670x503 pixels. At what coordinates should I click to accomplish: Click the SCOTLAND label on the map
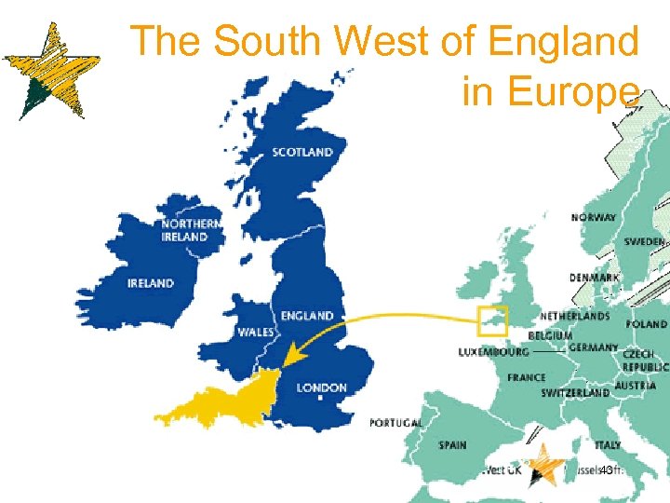302,152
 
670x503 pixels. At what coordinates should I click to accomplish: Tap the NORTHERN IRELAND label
191,230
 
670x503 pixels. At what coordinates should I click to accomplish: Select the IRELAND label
151,283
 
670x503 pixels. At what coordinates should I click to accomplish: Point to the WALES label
255,332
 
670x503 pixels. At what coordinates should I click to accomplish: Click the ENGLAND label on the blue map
306,316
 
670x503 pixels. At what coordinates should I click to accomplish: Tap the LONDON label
321,387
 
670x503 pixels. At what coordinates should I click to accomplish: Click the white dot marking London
319,398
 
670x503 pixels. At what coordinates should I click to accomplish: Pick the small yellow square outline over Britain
491,320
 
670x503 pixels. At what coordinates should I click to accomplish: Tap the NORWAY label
594,218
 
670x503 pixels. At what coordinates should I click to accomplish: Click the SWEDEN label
644,241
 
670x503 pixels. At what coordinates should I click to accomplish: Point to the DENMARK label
595,278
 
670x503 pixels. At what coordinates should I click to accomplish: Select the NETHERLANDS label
575,317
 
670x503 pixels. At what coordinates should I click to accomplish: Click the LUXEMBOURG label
493,352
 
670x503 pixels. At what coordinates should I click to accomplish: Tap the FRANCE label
527,378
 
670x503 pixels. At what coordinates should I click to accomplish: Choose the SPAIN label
453,445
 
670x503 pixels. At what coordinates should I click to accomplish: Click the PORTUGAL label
395,423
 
